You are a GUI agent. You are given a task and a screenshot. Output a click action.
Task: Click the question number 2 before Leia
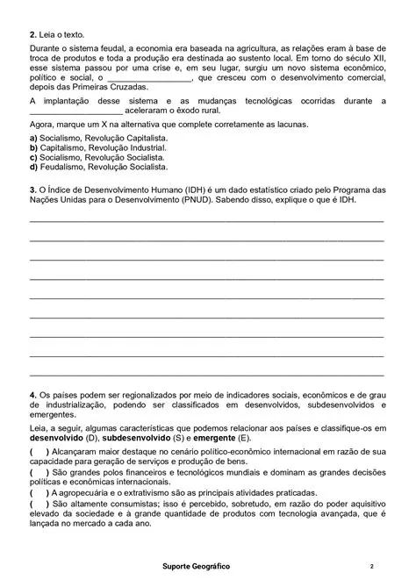(x=32, y=33)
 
